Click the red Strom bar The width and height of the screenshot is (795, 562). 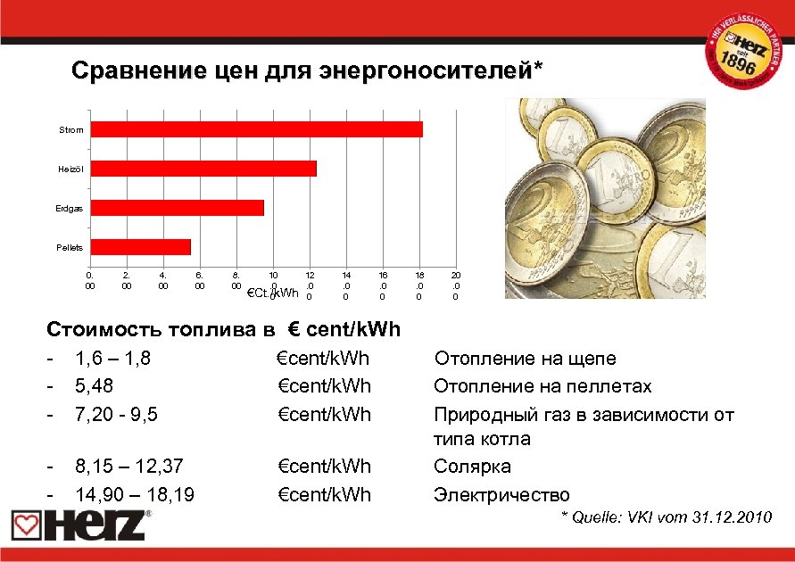click(257, 129)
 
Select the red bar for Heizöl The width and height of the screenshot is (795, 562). click(203, 169)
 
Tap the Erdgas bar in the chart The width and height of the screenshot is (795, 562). click(178, 208)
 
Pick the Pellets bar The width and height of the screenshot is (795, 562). click(141, 247)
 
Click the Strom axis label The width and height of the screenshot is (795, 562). click(71, 130)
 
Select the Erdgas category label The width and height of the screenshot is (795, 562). click(71, 208)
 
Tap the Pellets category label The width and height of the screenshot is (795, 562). click(71, 247)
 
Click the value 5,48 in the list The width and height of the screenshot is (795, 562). click(95, 386)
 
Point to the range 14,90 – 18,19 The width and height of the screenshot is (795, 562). click(136, 494)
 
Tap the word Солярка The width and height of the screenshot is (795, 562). click(472, 467)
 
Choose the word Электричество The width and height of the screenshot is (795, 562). click(501, 494)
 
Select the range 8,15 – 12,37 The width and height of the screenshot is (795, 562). click(129, 467)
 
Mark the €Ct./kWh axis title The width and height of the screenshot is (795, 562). click(272, 293)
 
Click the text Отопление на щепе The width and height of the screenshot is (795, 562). click(525, 359)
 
